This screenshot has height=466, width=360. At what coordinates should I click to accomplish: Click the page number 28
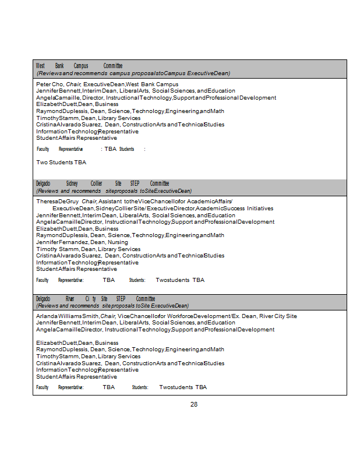[x=194, y=404]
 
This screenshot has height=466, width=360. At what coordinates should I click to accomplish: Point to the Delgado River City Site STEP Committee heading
[x=96, y=299]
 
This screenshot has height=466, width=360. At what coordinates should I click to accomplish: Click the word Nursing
[x=118, y=242]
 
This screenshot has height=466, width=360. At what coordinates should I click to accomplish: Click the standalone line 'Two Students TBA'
[x=61, y=163]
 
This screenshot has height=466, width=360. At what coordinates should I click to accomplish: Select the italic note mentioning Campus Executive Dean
[x=133, y=73]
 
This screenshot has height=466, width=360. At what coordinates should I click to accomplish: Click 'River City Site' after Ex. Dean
[x=278, y=316]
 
